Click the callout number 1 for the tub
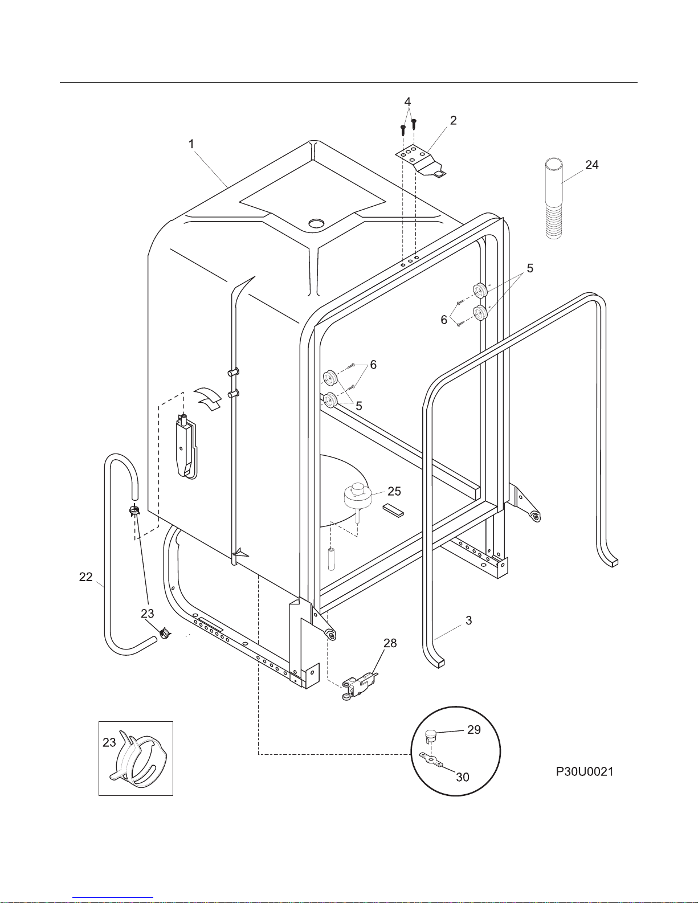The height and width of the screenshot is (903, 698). pos(191,144)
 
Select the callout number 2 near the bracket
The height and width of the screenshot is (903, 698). pos(454,121)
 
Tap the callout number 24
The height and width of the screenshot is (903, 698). pos(592,165)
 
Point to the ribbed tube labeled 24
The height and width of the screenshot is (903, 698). pos(554,199)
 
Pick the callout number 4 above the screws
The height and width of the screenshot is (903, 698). pos(407,102)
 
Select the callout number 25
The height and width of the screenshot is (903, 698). pos(394,491)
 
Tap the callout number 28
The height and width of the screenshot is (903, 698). pos(390,643)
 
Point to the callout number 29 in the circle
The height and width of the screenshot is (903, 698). pos(474,730)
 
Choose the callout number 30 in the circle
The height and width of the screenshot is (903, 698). pos(463,777)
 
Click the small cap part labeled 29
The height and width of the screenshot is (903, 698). pos(430,736)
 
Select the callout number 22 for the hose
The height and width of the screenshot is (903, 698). pos(86,577)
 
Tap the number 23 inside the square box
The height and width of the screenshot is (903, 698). pos(109,742)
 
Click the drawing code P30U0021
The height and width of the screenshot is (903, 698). pos(585,772)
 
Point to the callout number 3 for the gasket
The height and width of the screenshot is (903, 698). pos(468,621)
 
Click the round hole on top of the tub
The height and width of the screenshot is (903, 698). pos(317,223)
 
